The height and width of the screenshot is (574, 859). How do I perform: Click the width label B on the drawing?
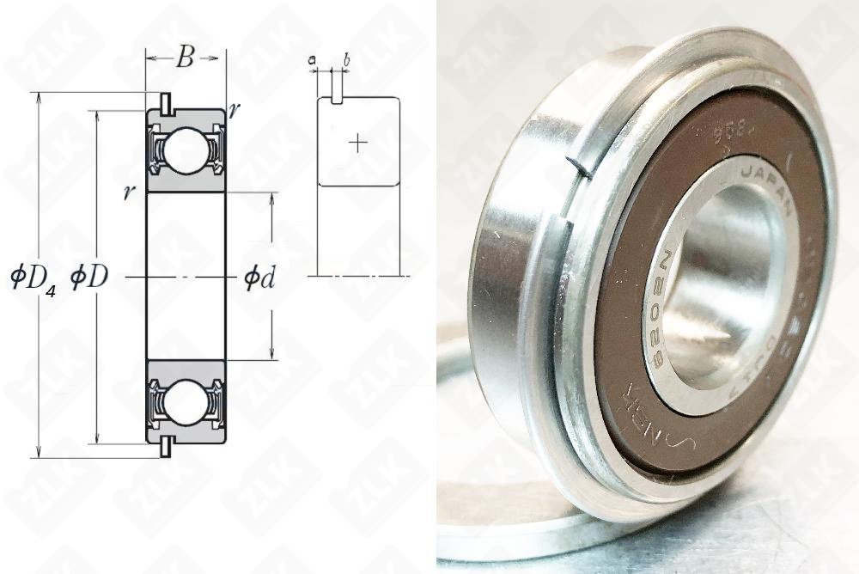pos(185,59)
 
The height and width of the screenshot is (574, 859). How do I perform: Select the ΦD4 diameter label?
pos(33,279)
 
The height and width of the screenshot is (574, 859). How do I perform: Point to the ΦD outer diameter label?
pos(88,278)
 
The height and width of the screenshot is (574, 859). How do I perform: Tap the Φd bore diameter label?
pos(259,278)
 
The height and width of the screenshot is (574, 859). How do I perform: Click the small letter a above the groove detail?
pos(312,59)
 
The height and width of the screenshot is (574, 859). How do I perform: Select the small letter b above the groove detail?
pos(346,59)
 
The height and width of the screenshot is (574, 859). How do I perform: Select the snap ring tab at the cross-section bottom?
pos(164,449)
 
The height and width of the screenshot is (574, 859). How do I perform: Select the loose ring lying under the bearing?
pos(481,481)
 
